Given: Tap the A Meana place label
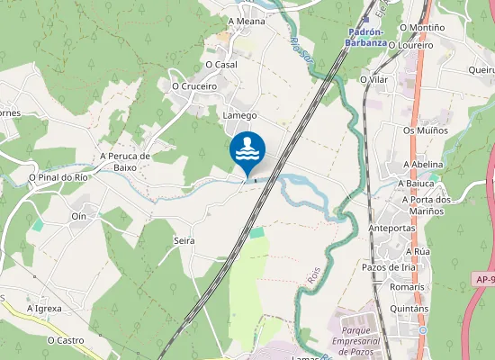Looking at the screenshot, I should tap(246, 21).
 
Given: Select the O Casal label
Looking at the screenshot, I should tap(220, 65).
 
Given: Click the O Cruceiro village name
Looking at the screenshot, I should tap(194, 86).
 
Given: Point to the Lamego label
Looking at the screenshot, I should tap(239, 115).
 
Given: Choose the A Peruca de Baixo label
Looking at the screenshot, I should tap(137, 161).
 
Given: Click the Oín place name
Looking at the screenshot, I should tap(78, 216).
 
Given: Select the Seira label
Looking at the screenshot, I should tap(184, 241).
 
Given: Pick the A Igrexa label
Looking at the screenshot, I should tap(43, 309).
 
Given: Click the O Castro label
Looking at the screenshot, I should tap(66, 341).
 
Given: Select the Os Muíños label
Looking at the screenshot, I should tap(426, 130).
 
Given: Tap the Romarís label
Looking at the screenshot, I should tap(408, 287).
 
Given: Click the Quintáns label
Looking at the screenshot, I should tap(410, 309).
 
